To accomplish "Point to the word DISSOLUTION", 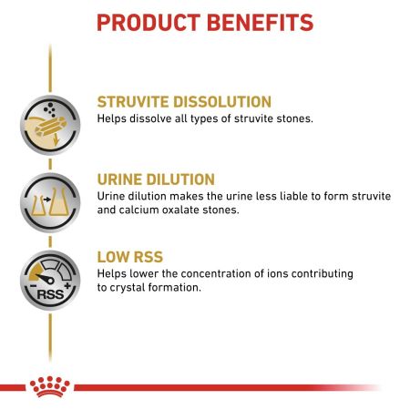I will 227,101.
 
